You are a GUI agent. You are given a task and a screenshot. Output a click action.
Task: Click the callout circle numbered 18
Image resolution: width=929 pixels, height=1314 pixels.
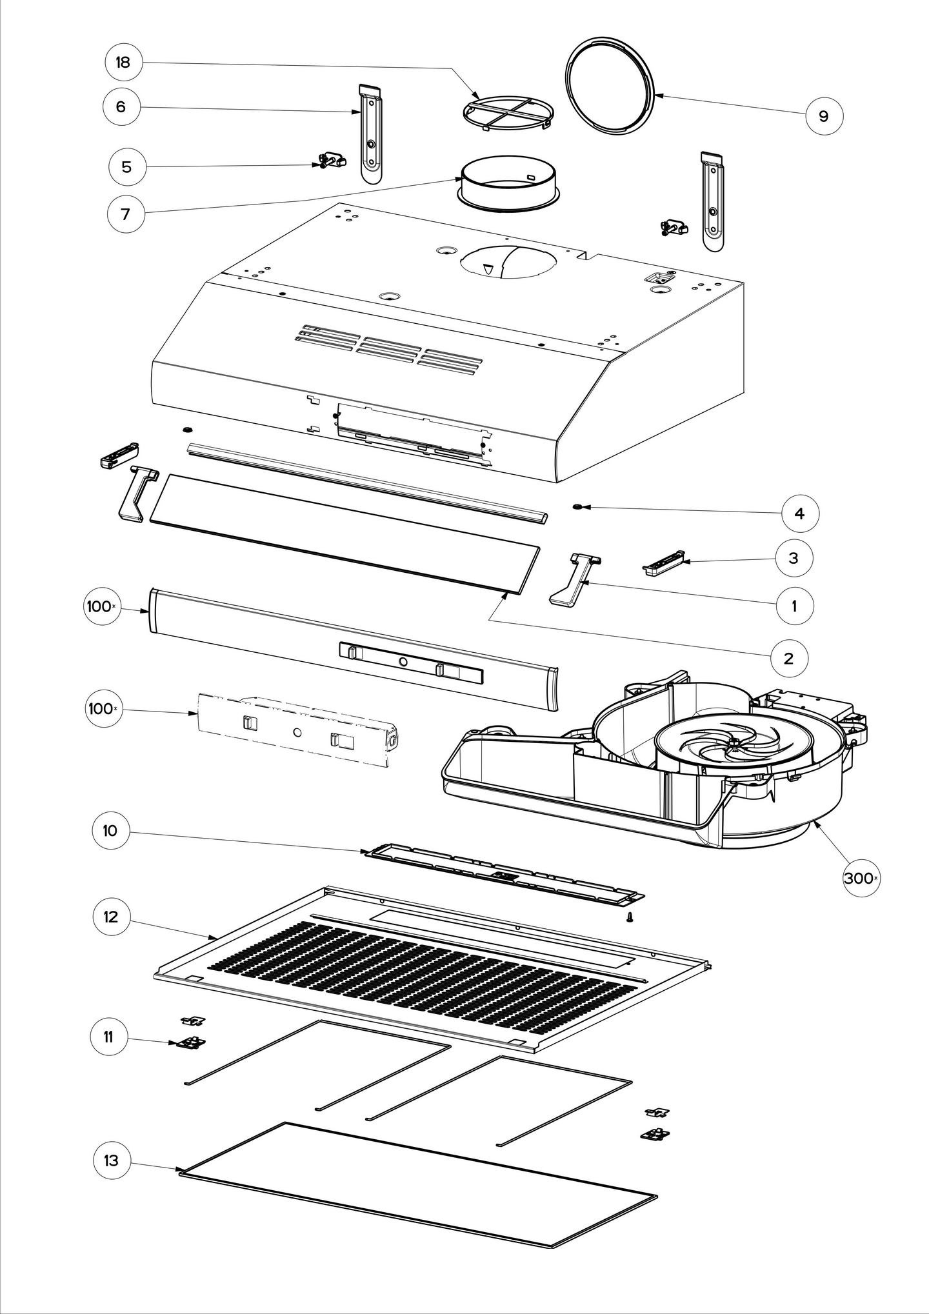[x=123, y=63]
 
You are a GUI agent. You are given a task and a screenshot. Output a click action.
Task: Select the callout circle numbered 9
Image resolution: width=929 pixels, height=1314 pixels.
[x=823, y=116]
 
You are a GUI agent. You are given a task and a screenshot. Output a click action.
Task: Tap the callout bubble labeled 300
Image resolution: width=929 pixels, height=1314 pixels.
[x=861, y=878]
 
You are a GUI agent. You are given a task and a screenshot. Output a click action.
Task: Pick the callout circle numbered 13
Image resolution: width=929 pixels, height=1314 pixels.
[x=111, y=1160]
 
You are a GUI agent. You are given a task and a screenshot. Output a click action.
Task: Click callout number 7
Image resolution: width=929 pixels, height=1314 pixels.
[x=125, y=214]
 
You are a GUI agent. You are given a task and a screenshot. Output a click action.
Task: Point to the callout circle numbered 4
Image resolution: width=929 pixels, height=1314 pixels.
[x=800, y=513]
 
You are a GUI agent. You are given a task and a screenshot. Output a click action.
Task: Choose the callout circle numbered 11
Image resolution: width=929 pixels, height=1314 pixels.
[x=108, y=1037]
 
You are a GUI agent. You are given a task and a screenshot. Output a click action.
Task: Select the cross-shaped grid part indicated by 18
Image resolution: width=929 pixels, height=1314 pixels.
[x=507, y=114]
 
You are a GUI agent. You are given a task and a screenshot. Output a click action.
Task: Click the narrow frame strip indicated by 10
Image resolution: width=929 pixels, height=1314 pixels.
[x=503, y=873]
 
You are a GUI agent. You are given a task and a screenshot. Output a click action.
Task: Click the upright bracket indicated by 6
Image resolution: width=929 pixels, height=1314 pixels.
[x=370, y=135]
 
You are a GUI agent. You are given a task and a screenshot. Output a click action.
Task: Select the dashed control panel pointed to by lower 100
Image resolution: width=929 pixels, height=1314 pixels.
[x=297, y=731]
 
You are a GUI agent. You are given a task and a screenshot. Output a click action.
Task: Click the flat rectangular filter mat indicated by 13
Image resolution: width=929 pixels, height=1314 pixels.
[x=419, y=1197]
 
